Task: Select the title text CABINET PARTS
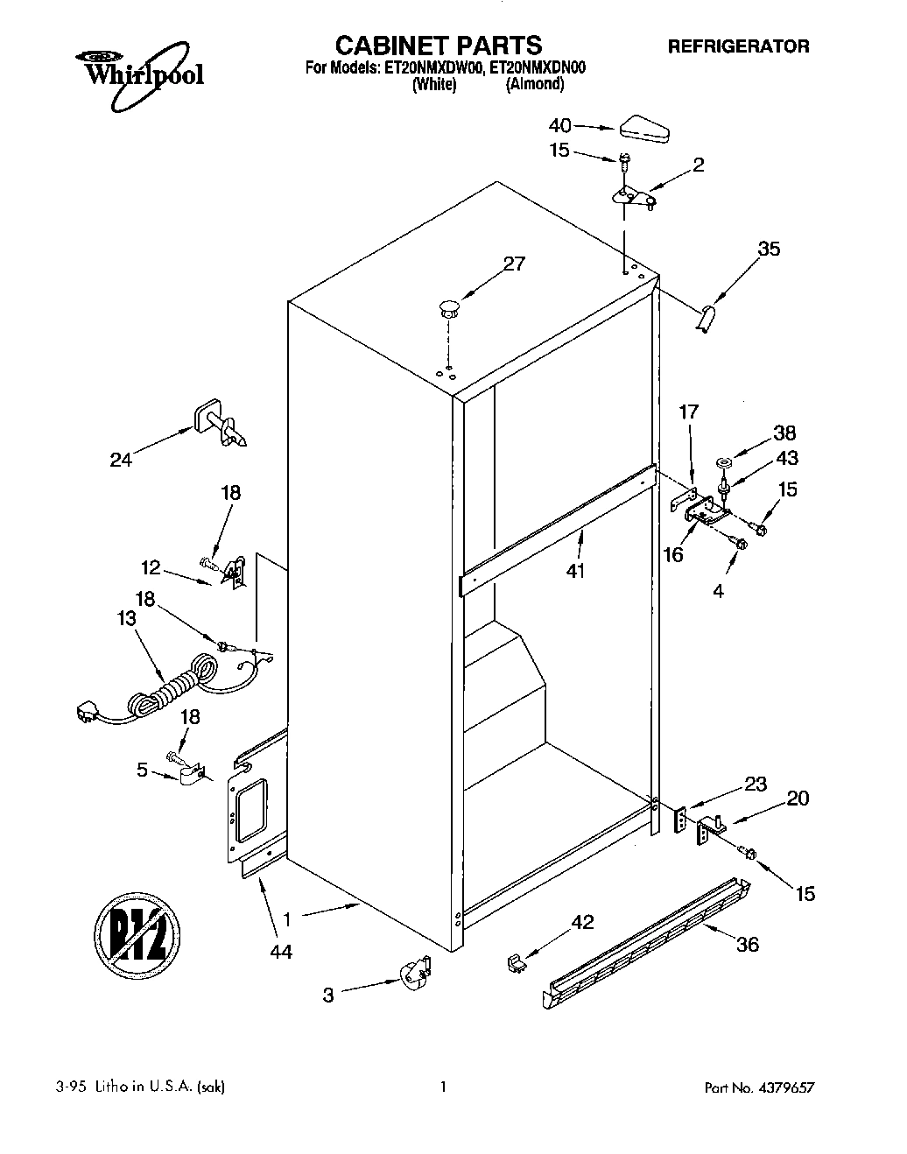tap(439, 45)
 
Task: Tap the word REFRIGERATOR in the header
tap(739, 46)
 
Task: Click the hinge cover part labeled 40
tap(643, 130)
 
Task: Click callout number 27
tap(515, 264)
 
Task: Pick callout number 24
tap(121, 459)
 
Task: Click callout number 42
tap(582, 921)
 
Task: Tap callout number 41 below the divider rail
tap(575, 571)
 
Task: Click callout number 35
tap(769, 249)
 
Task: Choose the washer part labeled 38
tap(724, 461)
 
